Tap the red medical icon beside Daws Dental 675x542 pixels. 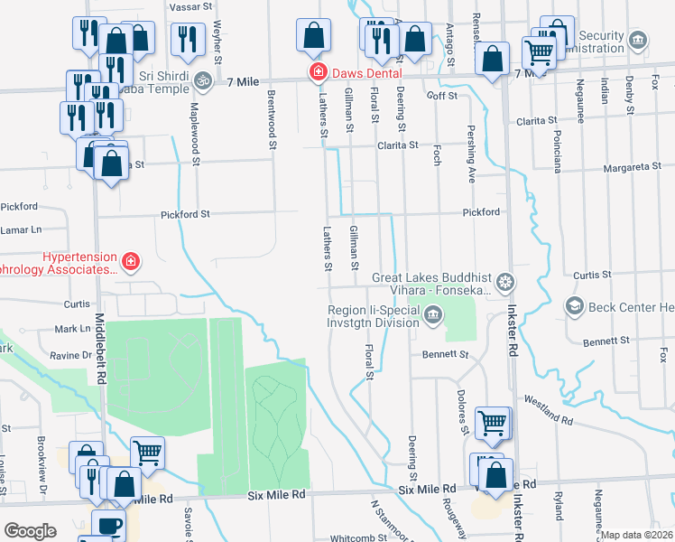pyautogui.click(x=317, y=71)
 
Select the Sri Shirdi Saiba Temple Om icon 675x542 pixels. pyautogui.click(x=204, y=79)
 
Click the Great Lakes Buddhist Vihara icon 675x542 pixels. pyautogui.click(x=505, y=283)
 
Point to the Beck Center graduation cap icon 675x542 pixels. pyautogui.click(x=573, y=307)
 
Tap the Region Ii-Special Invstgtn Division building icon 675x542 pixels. pyautogui.click(x=433, y=315)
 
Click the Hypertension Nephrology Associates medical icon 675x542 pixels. pyautogui.click(x=131, y=262)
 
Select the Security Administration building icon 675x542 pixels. pyautogui.click(x=638, y=40)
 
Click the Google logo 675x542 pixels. pyautogui.click(x=30, y=531)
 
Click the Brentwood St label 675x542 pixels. pyautogui.click(x=271, y=114)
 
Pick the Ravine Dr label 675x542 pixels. pyautogui.click(x=75, y=355)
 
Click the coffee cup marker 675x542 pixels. pyautogui.click(x=108, y=524)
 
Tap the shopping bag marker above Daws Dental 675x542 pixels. pyautogui.click(x=312, y=37)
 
